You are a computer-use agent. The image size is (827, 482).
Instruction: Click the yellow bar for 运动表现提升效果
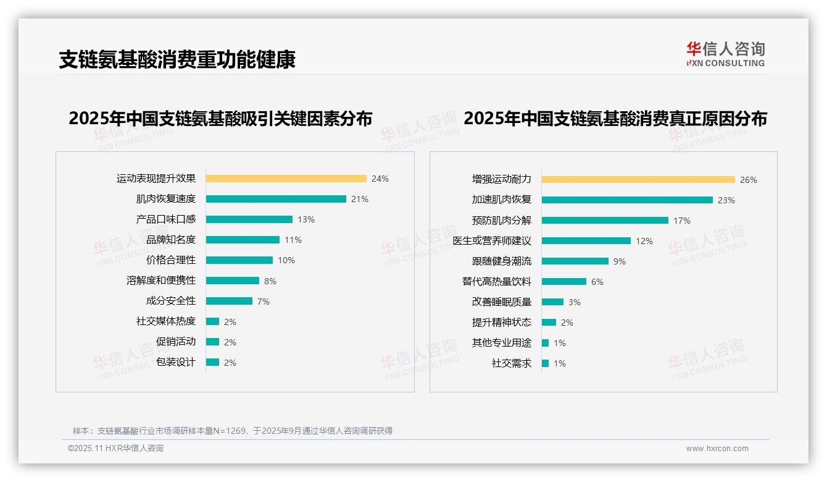coord(286,179)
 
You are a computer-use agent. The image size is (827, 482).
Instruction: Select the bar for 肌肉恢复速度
coord(276,199)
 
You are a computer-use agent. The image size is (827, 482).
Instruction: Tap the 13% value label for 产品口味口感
coord(305,219)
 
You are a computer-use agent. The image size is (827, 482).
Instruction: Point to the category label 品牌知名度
coord(170,240)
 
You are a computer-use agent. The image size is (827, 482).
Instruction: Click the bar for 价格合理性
coord(239,260)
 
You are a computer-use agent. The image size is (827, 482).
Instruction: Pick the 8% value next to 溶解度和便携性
coord(270,281)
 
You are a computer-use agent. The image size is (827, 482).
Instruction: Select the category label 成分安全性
coord(170,301)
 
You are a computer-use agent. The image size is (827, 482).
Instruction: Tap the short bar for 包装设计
coord(212,362)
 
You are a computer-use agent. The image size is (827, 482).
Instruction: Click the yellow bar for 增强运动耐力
coord(638,179)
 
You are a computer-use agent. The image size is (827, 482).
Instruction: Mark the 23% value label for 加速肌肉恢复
coord(726,200)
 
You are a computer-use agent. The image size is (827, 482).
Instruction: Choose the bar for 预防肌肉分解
coord(605,220)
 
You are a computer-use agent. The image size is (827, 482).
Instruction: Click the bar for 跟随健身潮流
coord(575,261)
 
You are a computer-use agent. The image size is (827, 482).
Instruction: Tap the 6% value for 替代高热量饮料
coord(597,282)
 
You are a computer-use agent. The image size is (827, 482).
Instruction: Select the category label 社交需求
coord(511,363)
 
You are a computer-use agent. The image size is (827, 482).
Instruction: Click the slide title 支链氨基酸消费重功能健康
coord(177,59)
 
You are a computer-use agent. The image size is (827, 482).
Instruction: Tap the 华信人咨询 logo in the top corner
coord(725,54)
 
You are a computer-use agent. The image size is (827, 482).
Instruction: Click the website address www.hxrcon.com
coord(717,449)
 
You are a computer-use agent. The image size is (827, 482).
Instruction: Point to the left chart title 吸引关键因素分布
coord(220,118)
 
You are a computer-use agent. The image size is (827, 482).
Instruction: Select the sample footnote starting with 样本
coord(232,431)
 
